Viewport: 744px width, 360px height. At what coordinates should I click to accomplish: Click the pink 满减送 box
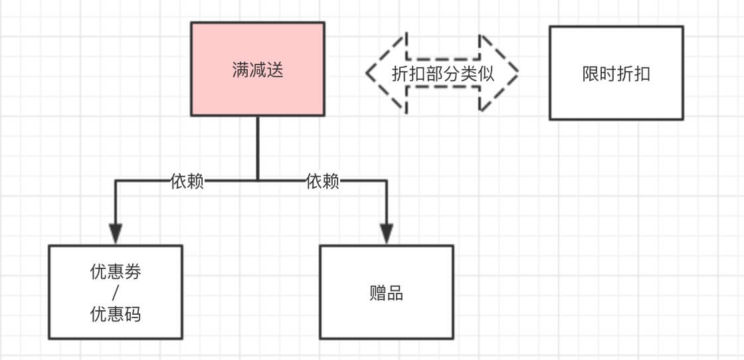click(258, 69)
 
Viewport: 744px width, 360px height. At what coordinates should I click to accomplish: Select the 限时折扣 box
click(616, 72)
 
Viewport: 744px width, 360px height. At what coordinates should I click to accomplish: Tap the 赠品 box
click(387, 292)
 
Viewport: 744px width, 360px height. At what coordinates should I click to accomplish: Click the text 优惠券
click(116, 272)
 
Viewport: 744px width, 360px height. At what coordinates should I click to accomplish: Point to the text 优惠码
click(116, 314)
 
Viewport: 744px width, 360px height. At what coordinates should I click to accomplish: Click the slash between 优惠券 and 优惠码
click(116, 293)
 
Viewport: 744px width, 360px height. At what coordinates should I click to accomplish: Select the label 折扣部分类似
click(443, 74)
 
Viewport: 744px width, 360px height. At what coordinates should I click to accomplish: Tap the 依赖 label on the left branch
click(187, 181)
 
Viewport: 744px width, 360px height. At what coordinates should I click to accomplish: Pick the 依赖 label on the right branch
click(323, 181)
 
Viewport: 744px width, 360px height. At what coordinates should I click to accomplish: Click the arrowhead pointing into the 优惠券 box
click(116, 233)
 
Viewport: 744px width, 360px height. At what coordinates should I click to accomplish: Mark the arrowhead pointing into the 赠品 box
click(387, 233)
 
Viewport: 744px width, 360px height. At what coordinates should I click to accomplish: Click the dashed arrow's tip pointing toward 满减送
click(367, 73)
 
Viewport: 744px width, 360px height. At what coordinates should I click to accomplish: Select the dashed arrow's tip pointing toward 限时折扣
click(517, 73)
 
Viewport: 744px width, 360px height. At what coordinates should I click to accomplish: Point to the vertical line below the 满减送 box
click(258, 148)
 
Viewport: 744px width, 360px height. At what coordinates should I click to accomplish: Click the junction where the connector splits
click(258, 180)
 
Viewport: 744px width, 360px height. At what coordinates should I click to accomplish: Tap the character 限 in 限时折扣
click(591, 74)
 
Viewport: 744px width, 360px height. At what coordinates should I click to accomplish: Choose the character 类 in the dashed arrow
click(469, 74)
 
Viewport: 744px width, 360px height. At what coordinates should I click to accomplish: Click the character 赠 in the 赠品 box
click(378, 293)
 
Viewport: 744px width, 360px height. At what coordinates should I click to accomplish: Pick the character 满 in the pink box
click(240, 70)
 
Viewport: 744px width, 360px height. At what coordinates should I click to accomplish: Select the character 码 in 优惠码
click(132, 314)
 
